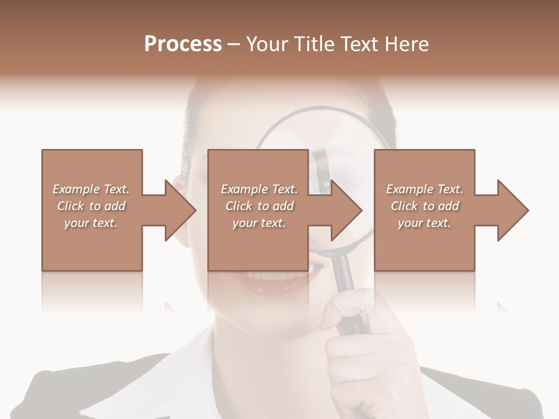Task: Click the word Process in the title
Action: [x=183, y=44]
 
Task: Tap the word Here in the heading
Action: [x=407, y=44]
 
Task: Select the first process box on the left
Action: [x=92, y=210]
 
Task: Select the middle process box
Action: [x=258, y=210]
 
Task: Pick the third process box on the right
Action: [x=424, y=210]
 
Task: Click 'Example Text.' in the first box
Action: [x=91, y=189]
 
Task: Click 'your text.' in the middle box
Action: [x=259, y=223]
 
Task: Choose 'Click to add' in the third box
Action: [x=424, y=206]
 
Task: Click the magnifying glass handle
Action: [x=349, y=297]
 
